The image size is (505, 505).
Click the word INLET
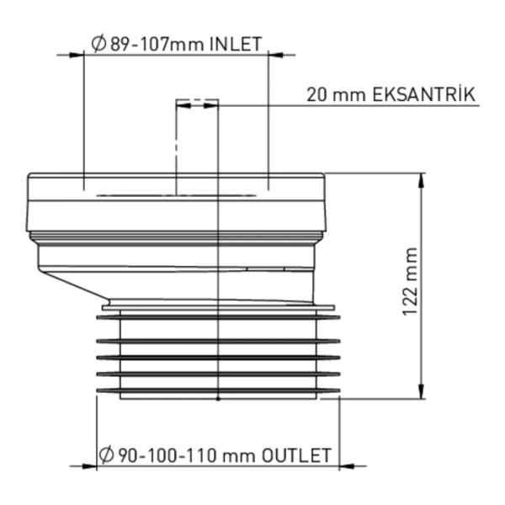pos(236,44)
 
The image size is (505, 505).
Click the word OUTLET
pos(296,455)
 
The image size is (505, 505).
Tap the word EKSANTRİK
pos(423,94)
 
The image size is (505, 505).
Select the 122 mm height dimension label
pos(411,281)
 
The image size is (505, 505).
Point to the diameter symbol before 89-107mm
pos(98,44)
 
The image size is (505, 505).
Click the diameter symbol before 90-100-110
pos(107,455)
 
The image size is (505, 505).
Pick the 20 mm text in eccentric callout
pos(336,95)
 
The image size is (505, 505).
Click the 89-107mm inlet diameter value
pos(157,44)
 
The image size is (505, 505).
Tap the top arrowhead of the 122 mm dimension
pos(422,180)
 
